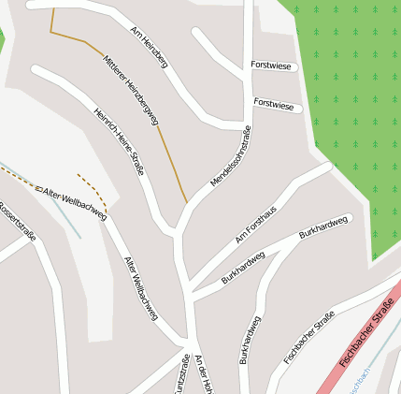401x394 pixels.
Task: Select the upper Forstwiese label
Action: (x=272, y=66)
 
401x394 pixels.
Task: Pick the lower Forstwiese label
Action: (x=274, y=106)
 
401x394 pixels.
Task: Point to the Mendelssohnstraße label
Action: (x=231, y=155)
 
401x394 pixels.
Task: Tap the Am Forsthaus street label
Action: (x=257, y=226)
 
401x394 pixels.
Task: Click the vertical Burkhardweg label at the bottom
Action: (x=250, y=340)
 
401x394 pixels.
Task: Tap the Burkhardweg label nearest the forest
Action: (x=323, y=227)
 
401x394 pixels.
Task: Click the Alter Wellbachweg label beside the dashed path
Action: (x=75, y=202)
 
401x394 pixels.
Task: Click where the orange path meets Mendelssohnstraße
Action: (x=187, y=202)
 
